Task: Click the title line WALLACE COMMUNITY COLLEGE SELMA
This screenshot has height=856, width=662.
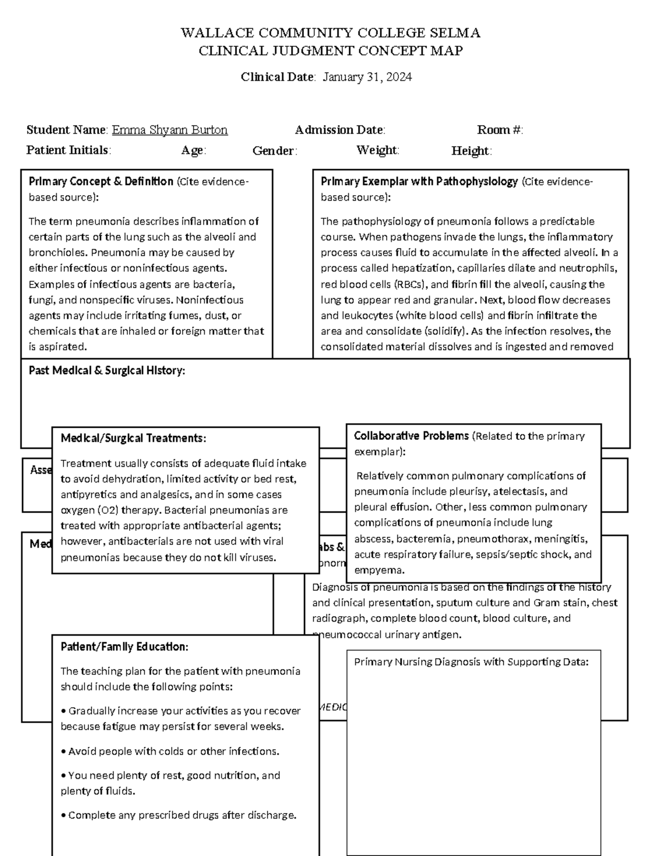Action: (x=330, y=33)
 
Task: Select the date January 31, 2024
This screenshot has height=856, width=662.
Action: (x=367, y=77)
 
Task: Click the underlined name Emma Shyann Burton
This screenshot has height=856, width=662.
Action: (x=169, y=130)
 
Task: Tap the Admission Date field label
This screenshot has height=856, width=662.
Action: (x=339, y=130)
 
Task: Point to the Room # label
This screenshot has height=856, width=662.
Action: (x=499, y=130)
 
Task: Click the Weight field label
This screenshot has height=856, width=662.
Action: (x=377, y=150)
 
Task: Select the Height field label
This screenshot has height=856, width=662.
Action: (x=471, y=150)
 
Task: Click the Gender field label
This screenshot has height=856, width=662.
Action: (x=275, y=150)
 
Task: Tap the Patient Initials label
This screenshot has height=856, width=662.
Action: (x=68, y=150)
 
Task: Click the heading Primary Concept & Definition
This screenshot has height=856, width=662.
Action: (x=101, y=181)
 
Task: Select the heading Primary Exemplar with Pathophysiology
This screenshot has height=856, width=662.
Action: (x=419, y=181)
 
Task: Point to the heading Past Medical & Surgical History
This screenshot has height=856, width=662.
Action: (x=106, y=370)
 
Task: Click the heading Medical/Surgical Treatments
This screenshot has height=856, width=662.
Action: (x=133, y=438)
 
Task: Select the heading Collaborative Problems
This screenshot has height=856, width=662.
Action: (x=411, y=436)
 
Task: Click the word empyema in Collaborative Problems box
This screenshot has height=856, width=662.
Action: (x=379, y=570)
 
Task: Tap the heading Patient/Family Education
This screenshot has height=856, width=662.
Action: (x=124, y=646)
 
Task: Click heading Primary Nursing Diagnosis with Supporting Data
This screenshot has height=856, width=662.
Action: (x=471, y=662)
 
